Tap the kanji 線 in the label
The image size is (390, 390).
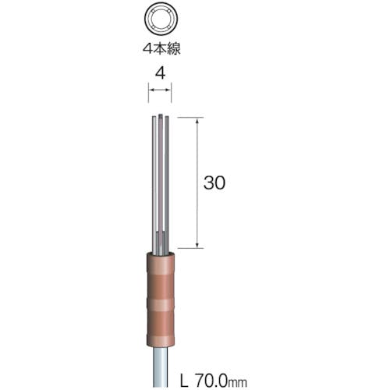tap(174, 48)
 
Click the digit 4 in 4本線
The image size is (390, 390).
tap(147, 48)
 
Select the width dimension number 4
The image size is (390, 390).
tap(160, 74)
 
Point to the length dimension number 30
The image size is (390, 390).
tap(214, 183)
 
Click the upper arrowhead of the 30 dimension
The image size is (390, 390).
tap(197, 120)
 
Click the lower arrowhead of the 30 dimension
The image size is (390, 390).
tap(197, 245)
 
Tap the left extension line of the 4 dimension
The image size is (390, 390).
tap(149, 93)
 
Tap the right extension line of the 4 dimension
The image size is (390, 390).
tap(172, 93)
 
